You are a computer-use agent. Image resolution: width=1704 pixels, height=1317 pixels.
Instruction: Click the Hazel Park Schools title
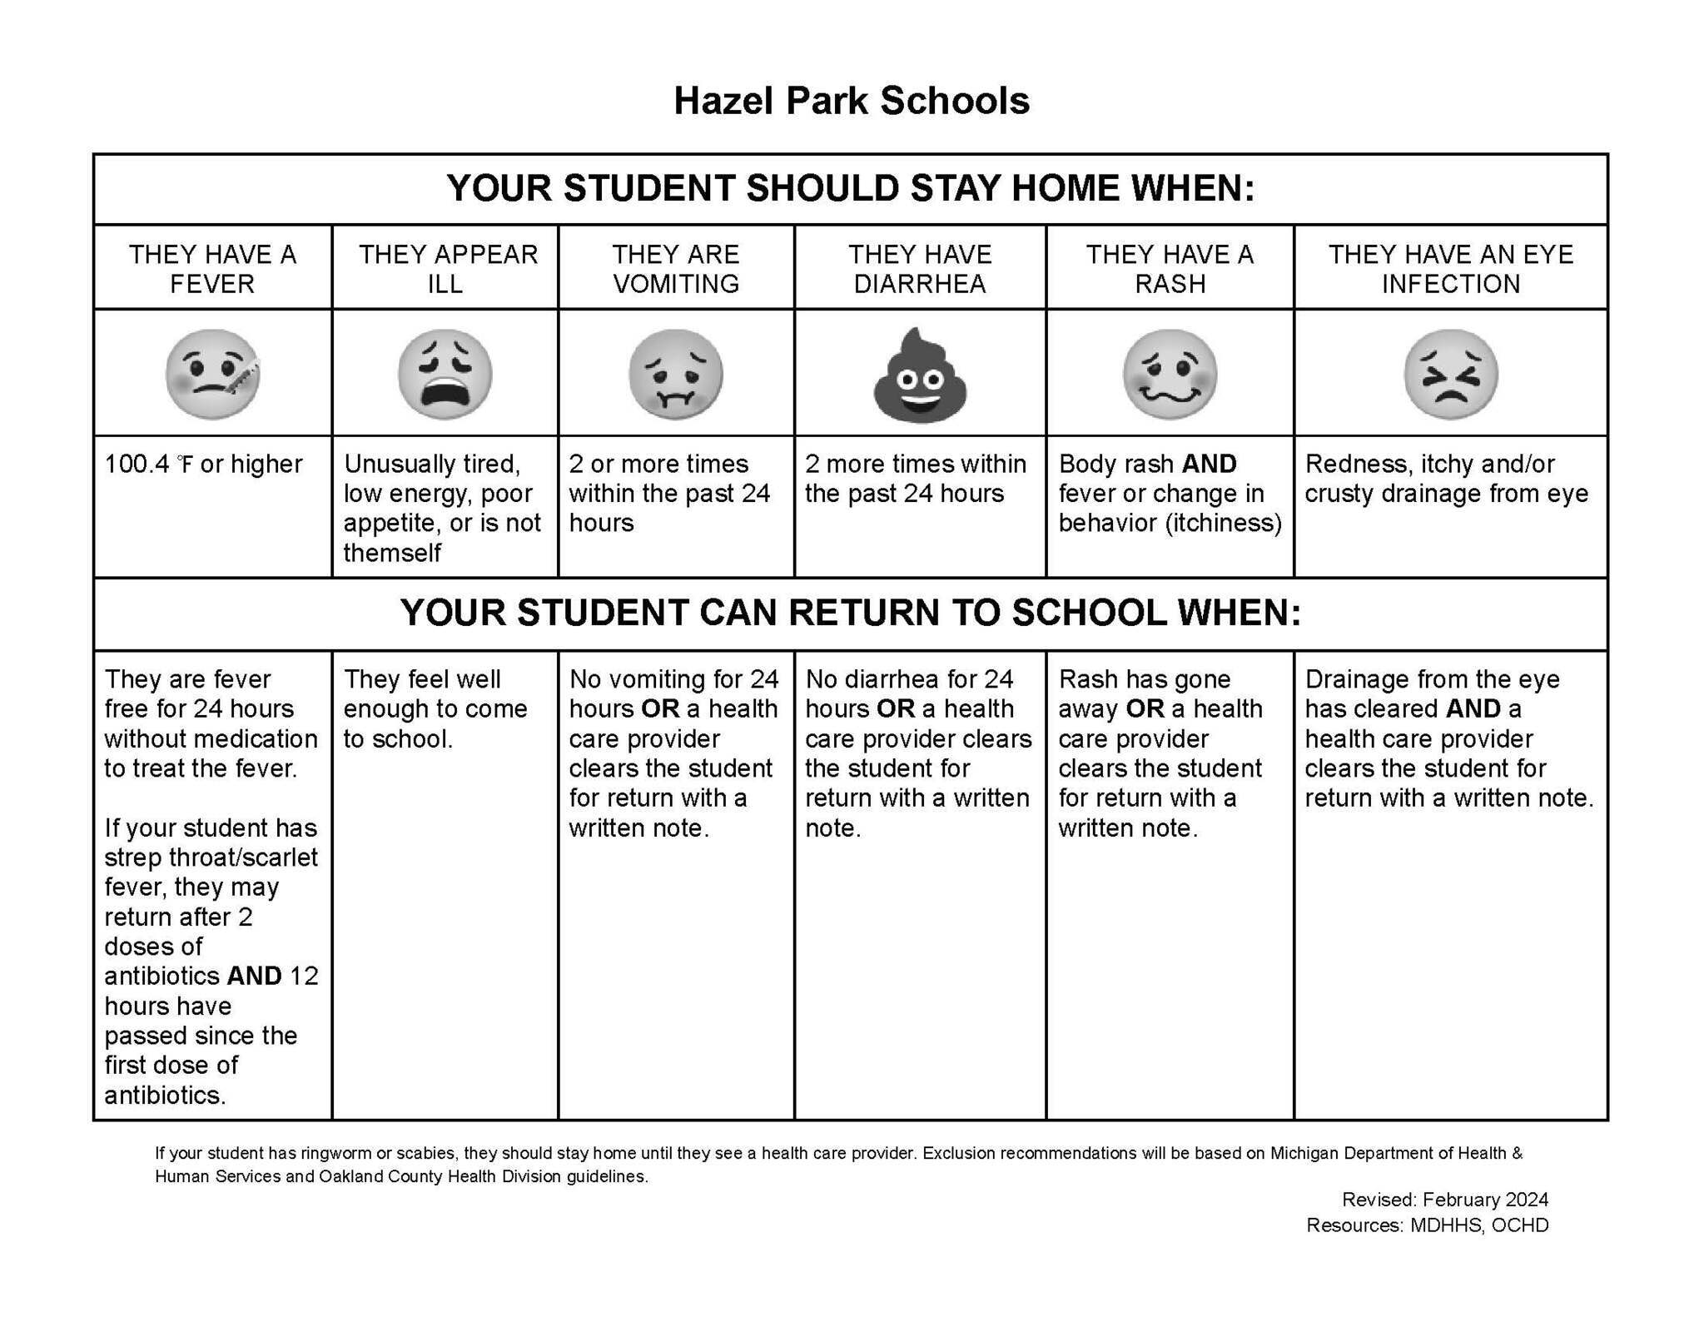(851, 101)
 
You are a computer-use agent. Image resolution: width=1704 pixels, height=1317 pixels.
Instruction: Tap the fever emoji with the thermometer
(212, 374)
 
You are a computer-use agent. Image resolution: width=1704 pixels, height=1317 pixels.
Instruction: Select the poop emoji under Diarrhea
(920, 375)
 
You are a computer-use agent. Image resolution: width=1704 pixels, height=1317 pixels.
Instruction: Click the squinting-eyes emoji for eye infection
(1450, 374)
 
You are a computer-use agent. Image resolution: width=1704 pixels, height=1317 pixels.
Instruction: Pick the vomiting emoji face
(675, 374)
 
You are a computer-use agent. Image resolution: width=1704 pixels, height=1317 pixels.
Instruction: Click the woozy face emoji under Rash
(1170, 374)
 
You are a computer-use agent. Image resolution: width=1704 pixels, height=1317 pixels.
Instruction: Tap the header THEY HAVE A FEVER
(212, 268)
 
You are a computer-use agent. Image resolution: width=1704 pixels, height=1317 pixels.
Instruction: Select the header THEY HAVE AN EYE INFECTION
(1450, 268)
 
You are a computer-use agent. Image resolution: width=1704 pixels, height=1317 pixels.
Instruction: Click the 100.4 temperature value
(135, 464)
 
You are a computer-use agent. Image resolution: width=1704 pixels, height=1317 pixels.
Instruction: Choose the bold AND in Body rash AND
(1209, 464)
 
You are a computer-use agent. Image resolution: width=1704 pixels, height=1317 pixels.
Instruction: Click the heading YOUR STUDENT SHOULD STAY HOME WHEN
(850, 188)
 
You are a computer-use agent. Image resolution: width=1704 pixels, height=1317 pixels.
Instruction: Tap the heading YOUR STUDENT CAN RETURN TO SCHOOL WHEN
(850, 613)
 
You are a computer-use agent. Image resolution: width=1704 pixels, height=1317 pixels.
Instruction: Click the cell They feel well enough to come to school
(435, 708)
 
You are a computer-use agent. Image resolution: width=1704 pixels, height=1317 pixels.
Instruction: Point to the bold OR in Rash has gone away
(1145, 708)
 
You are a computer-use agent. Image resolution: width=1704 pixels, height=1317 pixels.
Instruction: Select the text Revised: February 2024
(1444, 1200)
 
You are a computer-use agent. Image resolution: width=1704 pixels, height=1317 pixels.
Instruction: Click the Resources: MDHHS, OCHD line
(1427, 1225)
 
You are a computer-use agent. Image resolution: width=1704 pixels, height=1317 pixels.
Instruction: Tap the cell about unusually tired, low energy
(441, 508)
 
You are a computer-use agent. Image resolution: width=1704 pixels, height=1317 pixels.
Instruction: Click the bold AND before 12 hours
(254, 976)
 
